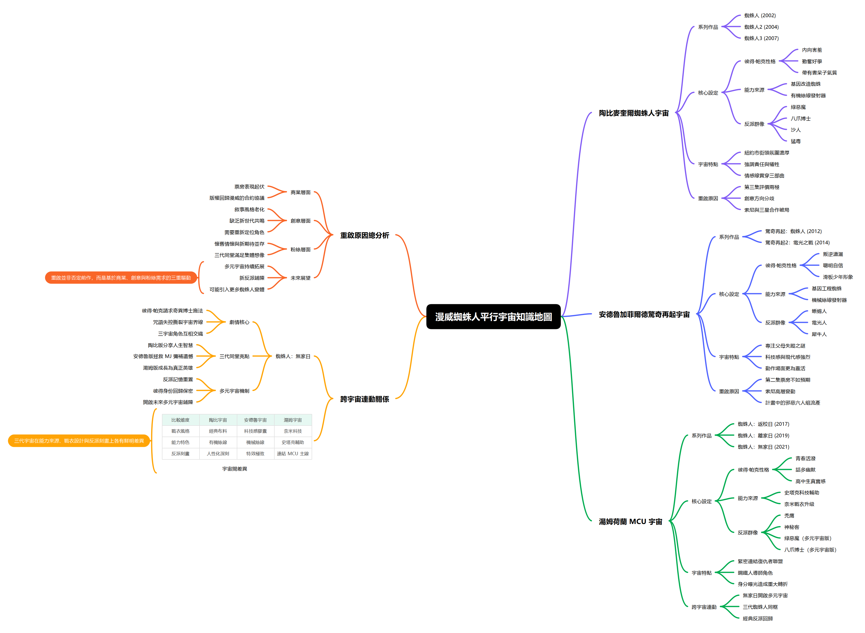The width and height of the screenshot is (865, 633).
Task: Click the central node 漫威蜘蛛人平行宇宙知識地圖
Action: coord(493,316)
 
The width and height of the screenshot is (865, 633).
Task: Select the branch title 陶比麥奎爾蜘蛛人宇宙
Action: coord(634,113)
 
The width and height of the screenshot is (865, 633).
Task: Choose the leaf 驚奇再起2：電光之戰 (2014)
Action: coord(797,243)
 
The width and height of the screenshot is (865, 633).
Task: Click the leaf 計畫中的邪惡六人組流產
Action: coord(792,403)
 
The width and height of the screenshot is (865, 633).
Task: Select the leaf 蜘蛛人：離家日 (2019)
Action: coord(763,436)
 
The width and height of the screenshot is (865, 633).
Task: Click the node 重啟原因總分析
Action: coord(365,235)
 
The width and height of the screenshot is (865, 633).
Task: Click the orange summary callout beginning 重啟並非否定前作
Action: coord(121,278)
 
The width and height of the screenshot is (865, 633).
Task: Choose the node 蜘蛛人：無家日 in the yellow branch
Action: coord(293,356)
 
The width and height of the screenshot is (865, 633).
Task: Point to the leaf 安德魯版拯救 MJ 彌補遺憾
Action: coord(163,356)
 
